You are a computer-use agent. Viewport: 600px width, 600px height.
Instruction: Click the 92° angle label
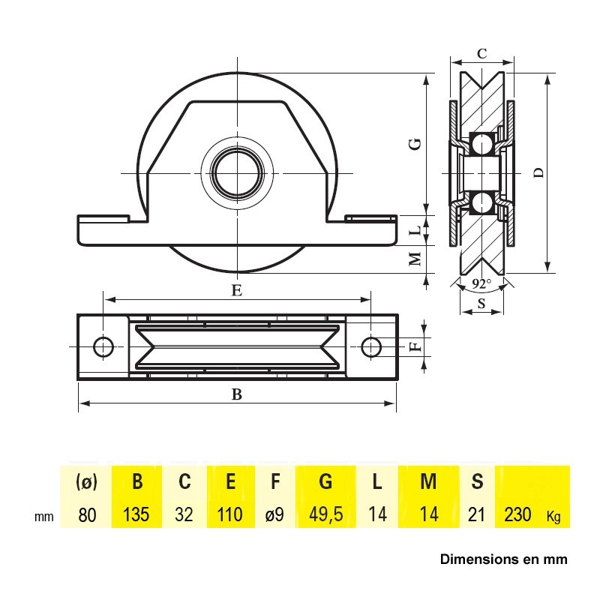pyautogui.click(x=481, y=284)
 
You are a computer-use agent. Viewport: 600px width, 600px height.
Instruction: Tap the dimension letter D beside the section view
pyautogui.click(x=538, y=173)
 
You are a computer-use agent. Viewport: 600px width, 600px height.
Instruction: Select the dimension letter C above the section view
pyautogui.click(x=481, y=53)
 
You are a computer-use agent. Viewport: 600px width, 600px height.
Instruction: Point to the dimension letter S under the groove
pyautogui.click(x=481, y=304)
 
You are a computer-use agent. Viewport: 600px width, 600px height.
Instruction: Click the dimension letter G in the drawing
pyautogui.click(x=416, y=144)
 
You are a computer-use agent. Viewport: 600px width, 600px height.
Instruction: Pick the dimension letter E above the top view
pyautogui.click(x=237, y=290)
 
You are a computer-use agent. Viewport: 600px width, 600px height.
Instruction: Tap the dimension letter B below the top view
pyautogui.click(x=237, y=394)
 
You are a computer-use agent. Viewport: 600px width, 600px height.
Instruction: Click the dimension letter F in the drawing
pyautogui.click(x=416, y=347)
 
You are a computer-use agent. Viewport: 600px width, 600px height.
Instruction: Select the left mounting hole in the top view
pyautogui.click(x=103, y=347)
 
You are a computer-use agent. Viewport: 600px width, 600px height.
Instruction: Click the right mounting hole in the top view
pyautogui.click(x=370, y=347)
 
